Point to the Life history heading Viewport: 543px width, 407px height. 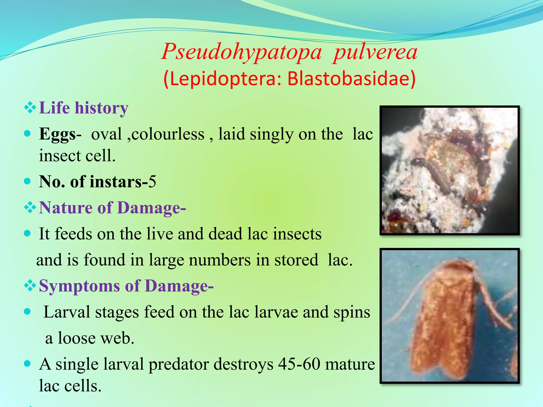(84, 108)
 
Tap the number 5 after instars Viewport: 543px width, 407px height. (152, 182)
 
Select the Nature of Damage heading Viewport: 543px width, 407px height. (112, 207)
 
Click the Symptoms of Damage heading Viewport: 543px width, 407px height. (126, 286)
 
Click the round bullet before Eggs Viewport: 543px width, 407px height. (27, 133)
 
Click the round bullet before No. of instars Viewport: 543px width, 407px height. (27, 181)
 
